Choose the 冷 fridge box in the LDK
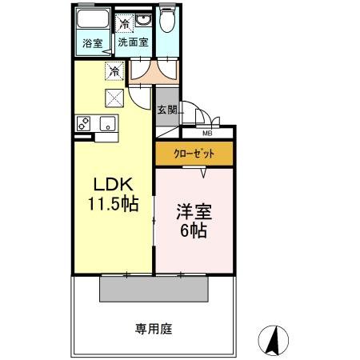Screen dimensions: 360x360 click(x=116, y=73)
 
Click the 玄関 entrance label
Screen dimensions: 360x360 click(x=166, y=110)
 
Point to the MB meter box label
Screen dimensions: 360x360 click(x=206, y=133)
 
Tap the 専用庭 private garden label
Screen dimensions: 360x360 click(x=154, y=328)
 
